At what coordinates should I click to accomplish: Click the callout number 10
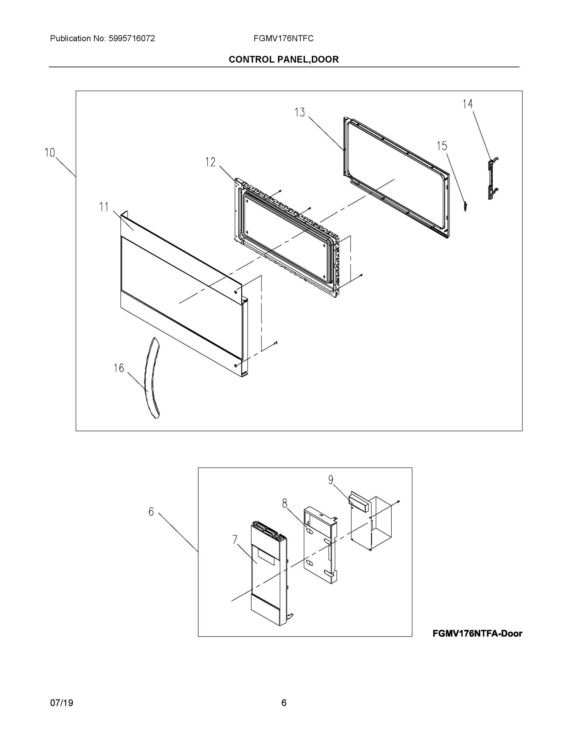tap(50, 153)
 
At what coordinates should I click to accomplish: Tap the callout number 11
tap(104, 207)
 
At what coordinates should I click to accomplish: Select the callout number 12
tap(210, 162)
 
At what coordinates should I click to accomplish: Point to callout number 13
tap(299, 112)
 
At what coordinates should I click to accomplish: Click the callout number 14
tap(467, 104)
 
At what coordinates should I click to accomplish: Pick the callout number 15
tap(442, 146)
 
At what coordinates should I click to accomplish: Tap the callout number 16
tap(119, 368)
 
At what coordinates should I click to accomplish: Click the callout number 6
tap(151, 512)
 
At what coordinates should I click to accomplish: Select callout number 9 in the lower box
tap(331, 480)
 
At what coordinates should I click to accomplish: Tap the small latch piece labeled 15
tap(465, 206)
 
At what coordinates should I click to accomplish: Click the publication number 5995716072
tap(132, 39)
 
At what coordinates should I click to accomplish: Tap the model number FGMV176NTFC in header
tap(283, 39)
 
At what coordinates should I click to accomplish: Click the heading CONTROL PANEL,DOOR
tap(284, 60)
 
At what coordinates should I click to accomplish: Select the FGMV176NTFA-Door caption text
tap(477, 634)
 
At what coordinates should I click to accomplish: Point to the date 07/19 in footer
tap(62, 703)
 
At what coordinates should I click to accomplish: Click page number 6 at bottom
tap(284, 703)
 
